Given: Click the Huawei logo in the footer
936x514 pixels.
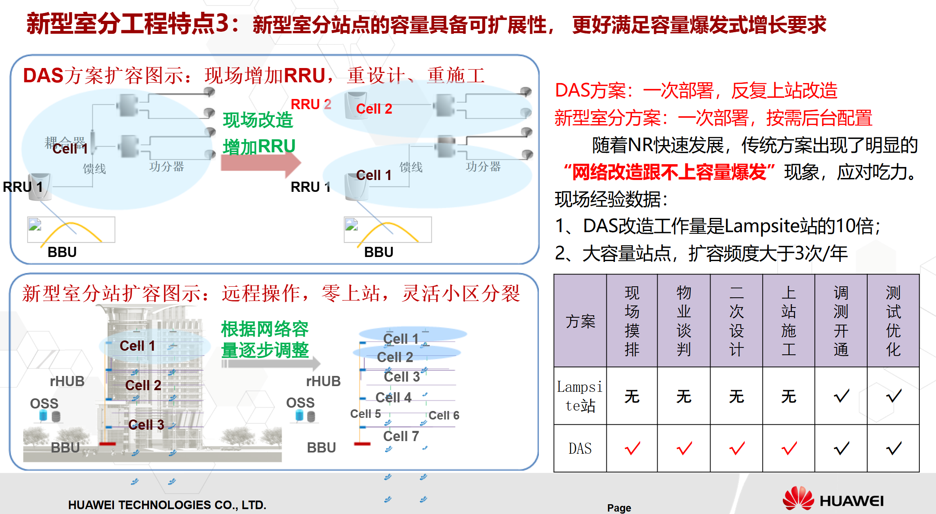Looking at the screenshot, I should point(833,499).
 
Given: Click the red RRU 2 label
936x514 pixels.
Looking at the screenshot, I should point(311,104).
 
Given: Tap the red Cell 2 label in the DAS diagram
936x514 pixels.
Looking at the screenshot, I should point(374,109).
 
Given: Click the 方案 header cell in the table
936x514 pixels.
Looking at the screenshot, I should point(580,321).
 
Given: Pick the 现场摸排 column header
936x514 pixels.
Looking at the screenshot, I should point(632,321).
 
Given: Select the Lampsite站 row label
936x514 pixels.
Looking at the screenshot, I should point(580,396).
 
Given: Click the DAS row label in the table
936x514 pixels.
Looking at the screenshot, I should point(580,448).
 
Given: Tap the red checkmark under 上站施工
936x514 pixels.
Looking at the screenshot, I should point(789,448).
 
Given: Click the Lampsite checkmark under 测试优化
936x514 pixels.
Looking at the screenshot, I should point(893,396).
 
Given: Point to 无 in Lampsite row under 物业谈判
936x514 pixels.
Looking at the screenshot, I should point(684,396).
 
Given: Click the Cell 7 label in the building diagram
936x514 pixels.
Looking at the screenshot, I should point(401,436).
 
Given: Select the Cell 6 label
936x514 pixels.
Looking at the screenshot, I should point(444,415).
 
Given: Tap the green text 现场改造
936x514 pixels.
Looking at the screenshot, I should point(258,120).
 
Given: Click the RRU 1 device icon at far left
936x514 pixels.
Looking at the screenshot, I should point(40,187).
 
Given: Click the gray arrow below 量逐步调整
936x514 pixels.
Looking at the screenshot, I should point(271,363).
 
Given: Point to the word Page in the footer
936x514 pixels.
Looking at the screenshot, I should point(619,508).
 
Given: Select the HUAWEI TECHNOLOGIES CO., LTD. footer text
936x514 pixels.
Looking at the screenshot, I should point(167,505).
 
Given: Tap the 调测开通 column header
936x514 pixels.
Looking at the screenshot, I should point(841,321).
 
